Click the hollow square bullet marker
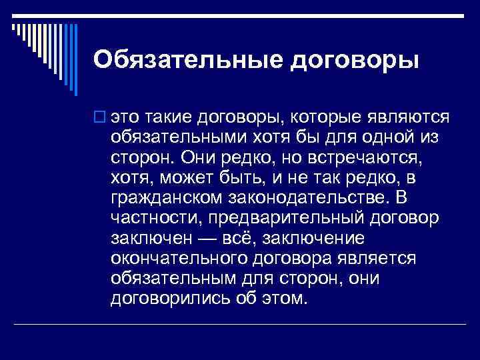click(99, 119)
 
